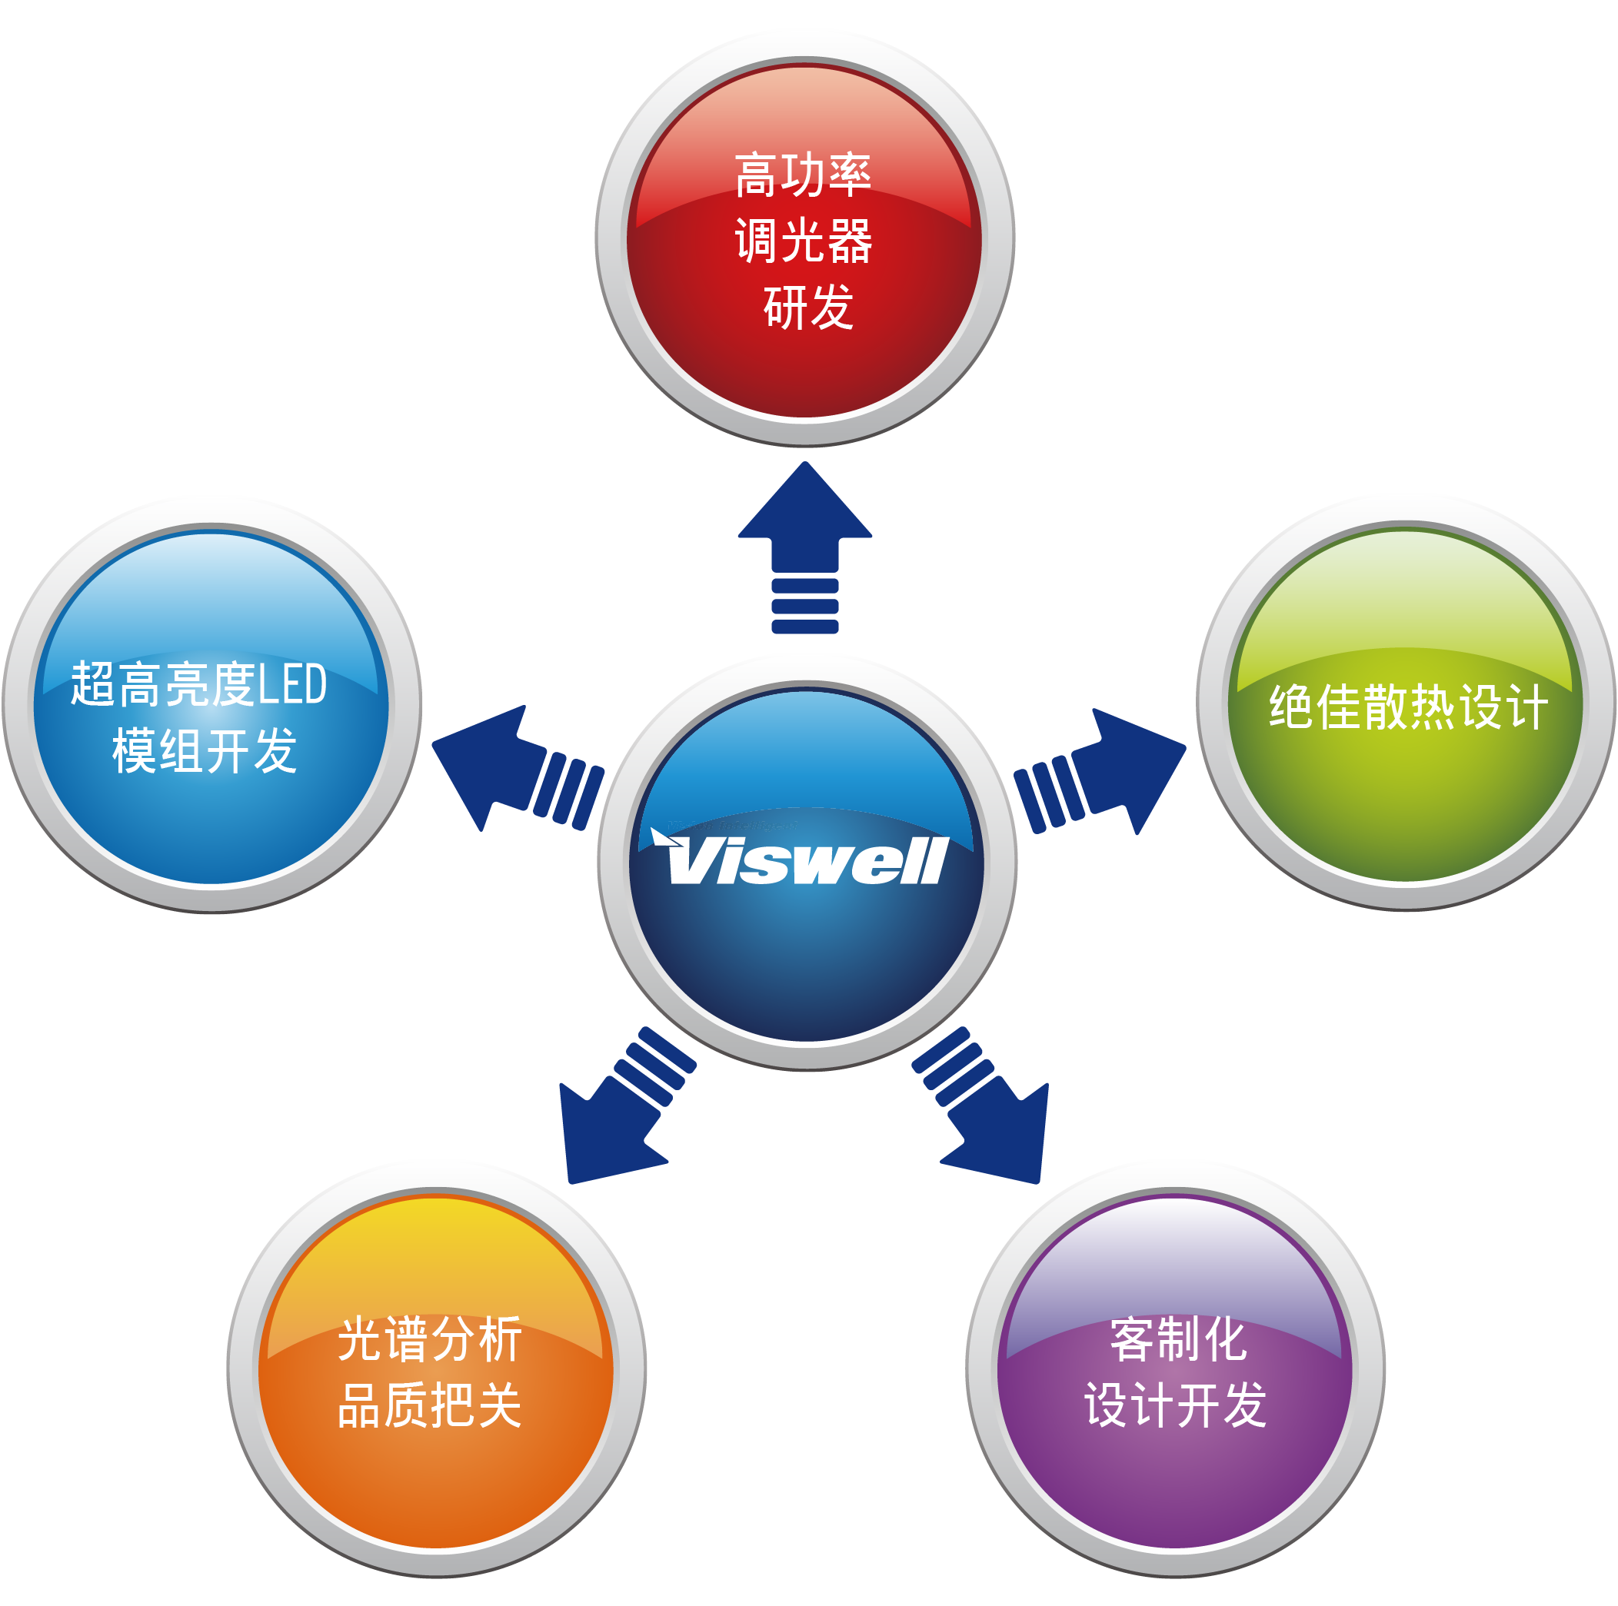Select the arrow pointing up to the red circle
click(805, 547)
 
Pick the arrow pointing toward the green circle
click(1100, 771)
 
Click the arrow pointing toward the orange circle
click(627, 1106)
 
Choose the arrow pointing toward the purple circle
click(980, 1106)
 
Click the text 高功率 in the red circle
click(803, 175)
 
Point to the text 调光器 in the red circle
click(803, 241)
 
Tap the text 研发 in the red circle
click(808, 308)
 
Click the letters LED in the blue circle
click(291, 684)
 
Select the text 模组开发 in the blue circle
click(205, 750)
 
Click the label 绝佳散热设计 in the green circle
click(1407, 707)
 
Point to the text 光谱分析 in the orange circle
click(430, 1340)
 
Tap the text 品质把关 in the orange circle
click(430, 1406)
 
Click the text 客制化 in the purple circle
click(1177, 1340)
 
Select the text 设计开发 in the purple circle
click(1175, 1406)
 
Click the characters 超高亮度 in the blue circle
click(163, 684)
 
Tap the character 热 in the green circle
click(1432, 707)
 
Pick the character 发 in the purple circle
click(1244, 1406)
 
